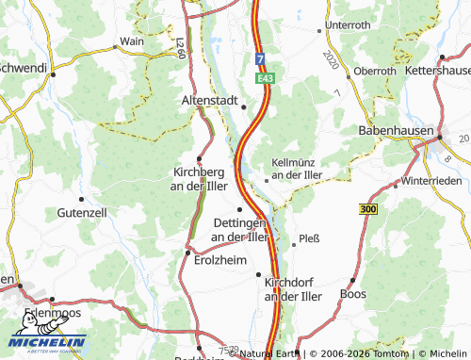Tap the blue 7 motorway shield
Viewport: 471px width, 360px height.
coord(260,60)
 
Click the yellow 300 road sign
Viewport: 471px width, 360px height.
coord(367,208)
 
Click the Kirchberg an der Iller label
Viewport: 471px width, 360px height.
coord(200,179)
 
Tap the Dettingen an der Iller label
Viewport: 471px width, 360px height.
coord(239,229)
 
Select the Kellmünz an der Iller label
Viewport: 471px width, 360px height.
coord(298,168)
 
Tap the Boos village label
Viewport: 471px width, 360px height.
coord(352,294)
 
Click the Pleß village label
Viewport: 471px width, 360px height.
coord(309,238)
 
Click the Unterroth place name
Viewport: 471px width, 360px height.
coord(348,25)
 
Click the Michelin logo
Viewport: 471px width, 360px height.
coord(47,345)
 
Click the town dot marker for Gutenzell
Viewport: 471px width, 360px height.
coord(82,199)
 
